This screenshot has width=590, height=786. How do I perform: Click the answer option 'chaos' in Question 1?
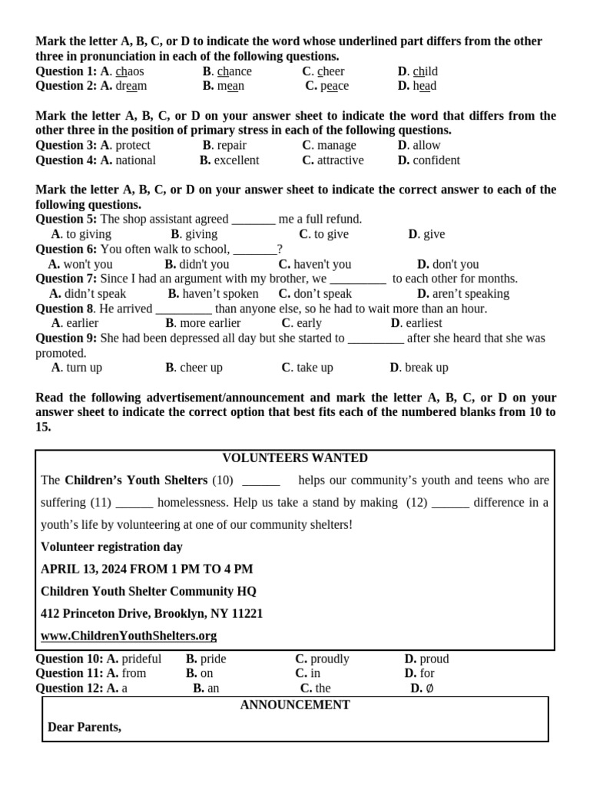(129, 71)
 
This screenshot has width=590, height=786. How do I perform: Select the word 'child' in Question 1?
(425, 71)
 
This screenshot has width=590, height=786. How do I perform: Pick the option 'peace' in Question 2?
(334, 86)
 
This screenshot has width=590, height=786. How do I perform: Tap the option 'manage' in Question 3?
(336, 145)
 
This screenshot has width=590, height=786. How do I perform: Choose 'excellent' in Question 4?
(237, 160)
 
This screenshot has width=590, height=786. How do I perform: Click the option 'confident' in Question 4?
(436, 160)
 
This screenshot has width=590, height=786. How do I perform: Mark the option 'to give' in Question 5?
(330, 234)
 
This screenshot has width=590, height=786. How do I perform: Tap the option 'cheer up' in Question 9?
(201, 368)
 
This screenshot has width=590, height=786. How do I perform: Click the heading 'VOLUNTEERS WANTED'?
(295, 458)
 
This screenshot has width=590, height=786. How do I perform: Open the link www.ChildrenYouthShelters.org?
(128, 636)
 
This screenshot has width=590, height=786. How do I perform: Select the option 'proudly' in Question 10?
(330, 659)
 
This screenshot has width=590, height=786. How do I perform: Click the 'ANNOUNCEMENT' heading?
(295, 705)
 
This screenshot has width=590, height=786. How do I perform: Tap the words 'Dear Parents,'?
(85, 726)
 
